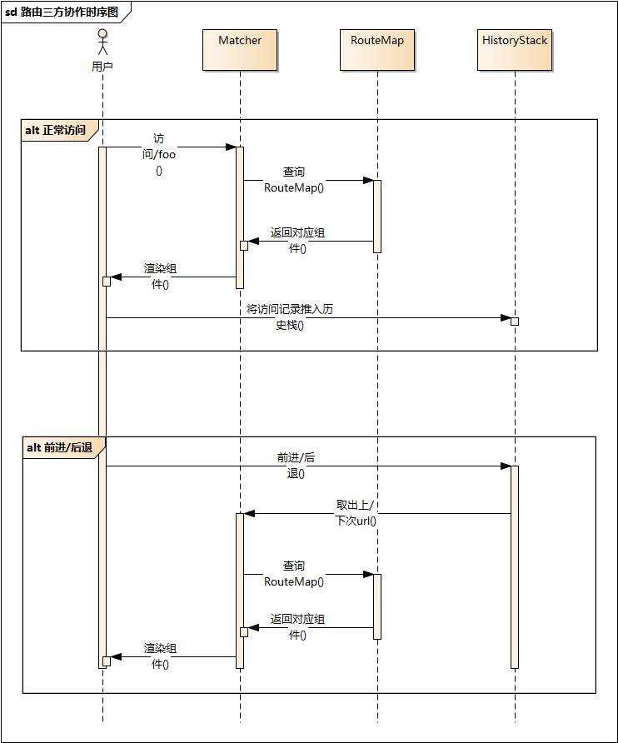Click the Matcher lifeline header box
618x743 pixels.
pyautogui.click(x=240, y=50)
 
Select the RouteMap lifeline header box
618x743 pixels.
pyautogui.click(x=377, y=50)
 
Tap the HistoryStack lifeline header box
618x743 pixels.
pyautogui.click(x=515, y=50)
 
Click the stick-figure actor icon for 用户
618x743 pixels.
pyautogui.click(x=102, y=44)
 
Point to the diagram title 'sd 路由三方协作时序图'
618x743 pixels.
pyautogui.click(x=62, y=12)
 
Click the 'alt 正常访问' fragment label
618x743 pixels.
pyautogui.click(x=56, y=130)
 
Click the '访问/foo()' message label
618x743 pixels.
pyautogui.click(x=159, y=155)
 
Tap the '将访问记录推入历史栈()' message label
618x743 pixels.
pyautogui.click(x=290, y=317)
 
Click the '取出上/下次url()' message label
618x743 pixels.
pyautogui.click(x=356, y=513)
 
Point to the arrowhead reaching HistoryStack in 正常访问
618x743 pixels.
pyautogui.click(x=505, y=317)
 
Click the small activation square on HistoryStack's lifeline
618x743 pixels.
pyautogui.click(x=515, y=322)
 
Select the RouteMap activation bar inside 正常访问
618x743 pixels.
pyautogui.click(x=377, y=216)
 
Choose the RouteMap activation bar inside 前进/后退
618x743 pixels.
pyautogui.click(x=377, y=606)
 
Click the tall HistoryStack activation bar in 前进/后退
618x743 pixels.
pyautogui.click(x=515, y=566)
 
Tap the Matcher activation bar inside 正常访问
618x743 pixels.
pyautogui.click(x=240, y=217)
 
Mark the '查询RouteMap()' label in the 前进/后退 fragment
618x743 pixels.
pyautogui.click(x=294, y=573)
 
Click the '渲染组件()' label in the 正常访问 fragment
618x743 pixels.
pyautogui.click(x=160, y=277)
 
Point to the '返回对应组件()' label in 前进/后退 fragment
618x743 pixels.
pyautogui.click(x=297, y=627)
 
